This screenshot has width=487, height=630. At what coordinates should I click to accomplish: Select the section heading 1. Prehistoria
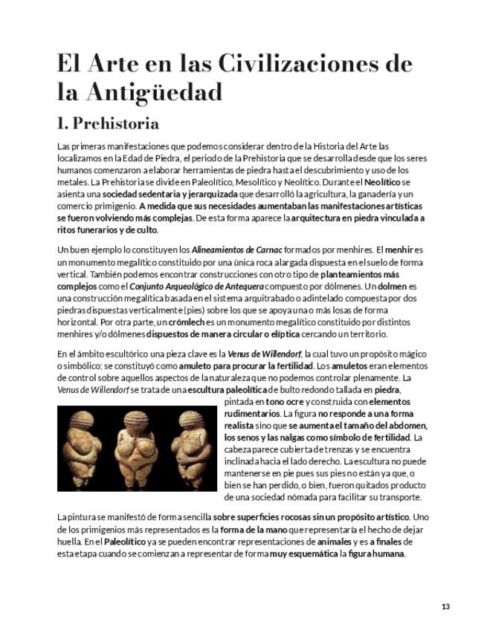107,121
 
